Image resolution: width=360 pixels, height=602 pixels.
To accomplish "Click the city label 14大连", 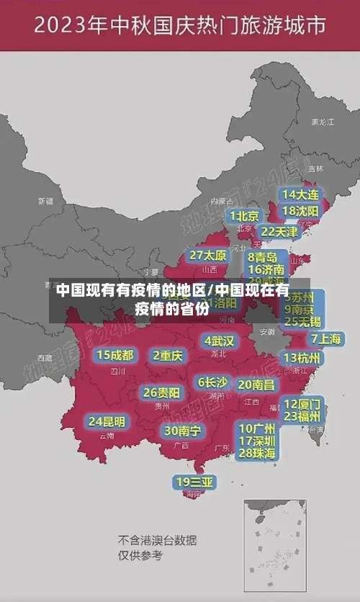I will pyautogui.click(x=300, y=194).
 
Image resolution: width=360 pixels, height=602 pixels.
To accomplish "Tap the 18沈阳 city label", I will pyautogui.click(x=300, y=211).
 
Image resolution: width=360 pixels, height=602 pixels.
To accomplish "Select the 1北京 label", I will pyautogui.click(x=245, y=216).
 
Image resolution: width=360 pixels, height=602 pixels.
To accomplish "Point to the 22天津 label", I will pyautogui.click(x=279, y=232).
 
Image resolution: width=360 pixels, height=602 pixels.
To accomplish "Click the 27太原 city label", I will pyautogui.click(x=208, y=256).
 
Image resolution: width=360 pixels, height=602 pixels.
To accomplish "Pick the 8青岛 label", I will pyautogui.click(x=263, y=256).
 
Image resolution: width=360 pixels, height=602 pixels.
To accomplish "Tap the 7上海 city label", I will pyautogui.click(x=326, y=338).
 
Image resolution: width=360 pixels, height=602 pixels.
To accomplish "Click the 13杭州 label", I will pyautogui.click(x=302, y=358).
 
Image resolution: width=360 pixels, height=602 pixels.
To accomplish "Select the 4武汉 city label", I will pyautogui.click(x=220, y=341).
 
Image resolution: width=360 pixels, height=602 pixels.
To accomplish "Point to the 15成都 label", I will pyautogui.click(x=115, y=355).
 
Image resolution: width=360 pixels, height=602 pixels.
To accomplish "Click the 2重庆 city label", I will pyautogui.click(x=168, y=355).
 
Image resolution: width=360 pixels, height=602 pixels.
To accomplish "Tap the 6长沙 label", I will pyautogui.click(x=213, y=382).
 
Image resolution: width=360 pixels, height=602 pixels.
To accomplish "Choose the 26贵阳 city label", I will pyautogui.click(x=162, y=393).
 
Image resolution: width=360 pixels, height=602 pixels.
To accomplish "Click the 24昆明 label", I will pyautogui.click(x=107, y=421).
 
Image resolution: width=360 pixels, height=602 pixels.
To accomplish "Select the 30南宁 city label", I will pyautogui.click(x=183, y=431).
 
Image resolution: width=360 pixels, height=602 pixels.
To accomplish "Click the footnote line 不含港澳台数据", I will pyautogui.click(x=158, y=540).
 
